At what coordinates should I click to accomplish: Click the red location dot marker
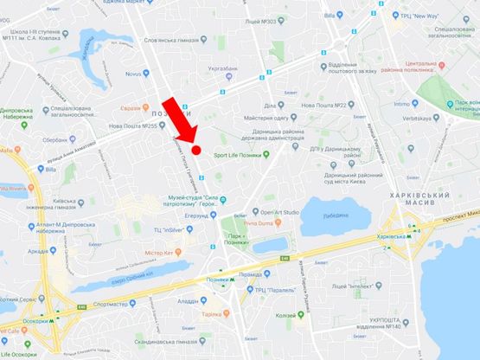[x=196, y=149]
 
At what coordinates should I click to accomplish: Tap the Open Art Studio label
[x=278, y=212]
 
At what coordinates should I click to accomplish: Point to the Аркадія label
[x=38, y=252]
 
